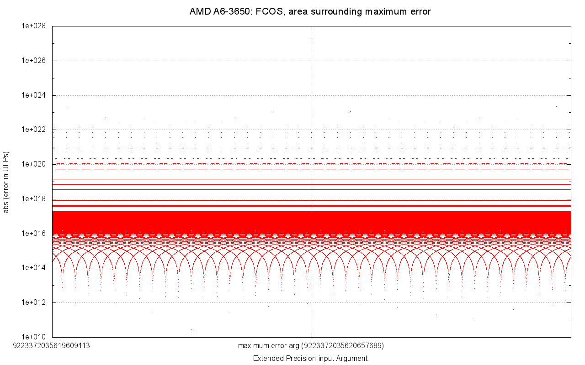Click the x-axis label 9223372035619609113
52,345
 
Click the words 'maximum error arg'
269,345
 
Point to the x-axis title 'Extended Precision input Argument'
310,358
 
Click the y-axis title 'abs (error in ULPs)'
6,182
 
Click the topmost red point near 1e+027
312,38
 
